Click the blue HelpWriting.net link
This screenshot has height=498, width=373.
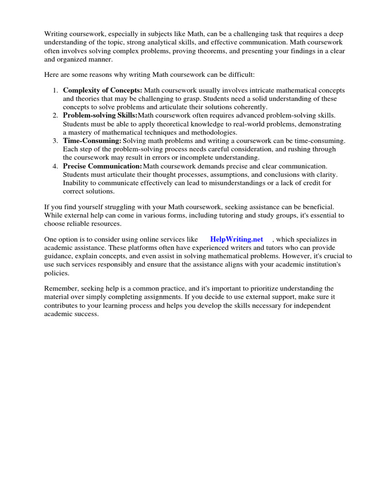click(237, 239)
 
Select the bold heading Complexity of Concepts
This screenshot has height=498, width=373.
click(102, 90)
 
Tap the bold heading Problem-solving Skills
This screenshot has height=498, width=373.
click(100, 115)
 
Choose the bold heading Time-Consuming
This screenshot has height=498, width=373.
click(92, 141)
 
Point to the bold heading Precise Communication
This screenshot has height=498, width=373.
click(102, 166)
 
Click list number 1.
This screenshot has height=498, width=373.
click(55, 90)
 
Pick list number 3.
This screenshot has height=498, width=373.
click(55, 141)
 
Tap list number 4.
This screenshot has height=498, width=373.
click(55, 166)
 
